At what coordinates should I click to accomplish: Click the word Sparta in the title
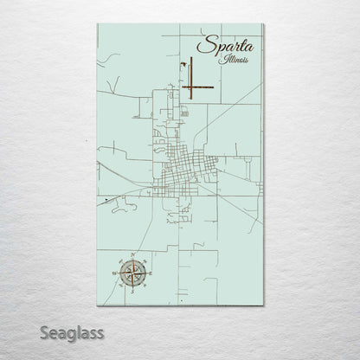tap(220, 46)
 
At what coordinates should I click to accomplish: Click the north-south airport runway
tap(191, 74)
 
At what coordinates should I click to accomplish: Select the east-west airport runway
tap(199, 87)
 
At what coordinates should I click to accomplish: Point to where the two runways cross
tap(191, 87)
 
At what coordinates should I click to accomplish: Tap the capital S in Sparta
tap(202, 46)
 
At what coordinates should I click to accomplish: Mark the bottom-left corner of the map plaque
tap(97, 305)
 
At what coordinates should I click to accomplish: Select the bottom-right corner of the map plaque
tap(263, 305)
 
